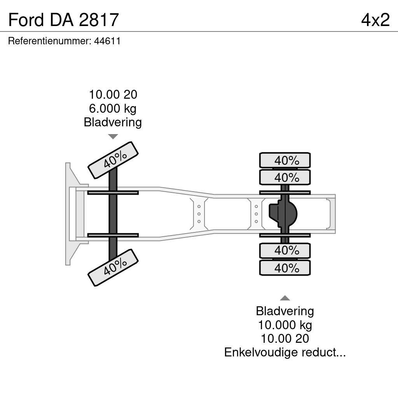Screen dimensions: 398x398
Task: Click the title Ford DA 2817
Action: point(63,20)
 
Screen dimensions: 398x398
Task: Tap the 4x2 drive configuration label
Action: point(375,20)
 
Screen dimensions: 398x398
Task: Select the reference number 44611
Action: point(107,41)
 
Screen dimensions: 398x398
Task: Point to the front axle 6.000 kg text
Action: point(113,108)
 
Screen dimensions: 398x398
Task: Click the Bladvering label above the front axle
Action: point(113,122)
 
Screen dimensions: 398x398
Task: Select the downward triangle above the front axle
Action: point(113,136)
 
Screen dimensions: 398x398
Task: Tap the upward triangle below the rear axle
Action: point(285,298)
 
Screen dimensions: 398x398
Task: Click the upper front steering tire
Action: point(113,159)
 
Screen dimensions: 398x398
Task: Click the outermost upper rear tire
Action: point(285,160)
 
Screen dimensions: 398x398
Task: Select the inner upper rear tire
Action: point(285,178)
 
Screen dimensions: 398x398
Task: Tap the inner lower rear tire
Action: point(285,251)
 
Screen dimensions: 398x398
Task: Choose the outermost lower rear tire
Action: point(285,268)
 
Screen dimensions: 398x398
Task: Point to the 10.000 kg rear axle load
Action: point(285,325)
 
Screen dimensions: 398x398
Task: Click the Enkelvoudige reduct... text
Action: point(285,353)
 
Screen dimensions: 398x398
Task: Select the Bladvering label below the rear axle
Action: point(285,311)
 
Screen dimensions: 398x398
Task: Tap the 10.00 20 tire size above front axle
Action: point(113,94)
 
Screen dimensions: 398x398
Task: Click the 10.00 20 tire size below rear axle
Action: point(285,339)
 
